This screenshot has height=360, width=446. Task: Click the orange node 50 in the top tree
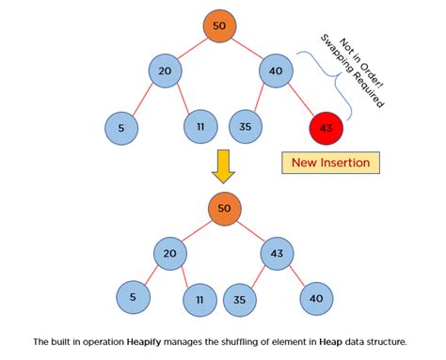click(219, 26)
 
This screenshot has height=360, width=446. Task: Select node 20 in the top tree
click(166, 71)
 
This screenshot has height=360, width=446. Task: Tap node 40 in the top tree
click(275, 71)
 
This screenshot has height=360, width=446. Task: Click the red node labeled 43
click(326, 128)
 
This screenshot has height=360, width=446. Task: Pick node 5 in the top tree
click(120, 128)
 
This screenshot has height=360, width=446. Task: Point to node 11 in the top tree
click(200, 128)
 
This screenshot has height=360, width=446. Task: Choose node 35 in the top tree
click(245, 128)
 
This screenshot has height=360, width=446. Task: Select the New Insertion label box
click(331, 163)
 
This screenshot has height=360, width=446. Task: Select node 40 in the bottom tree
click(316, 300)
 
